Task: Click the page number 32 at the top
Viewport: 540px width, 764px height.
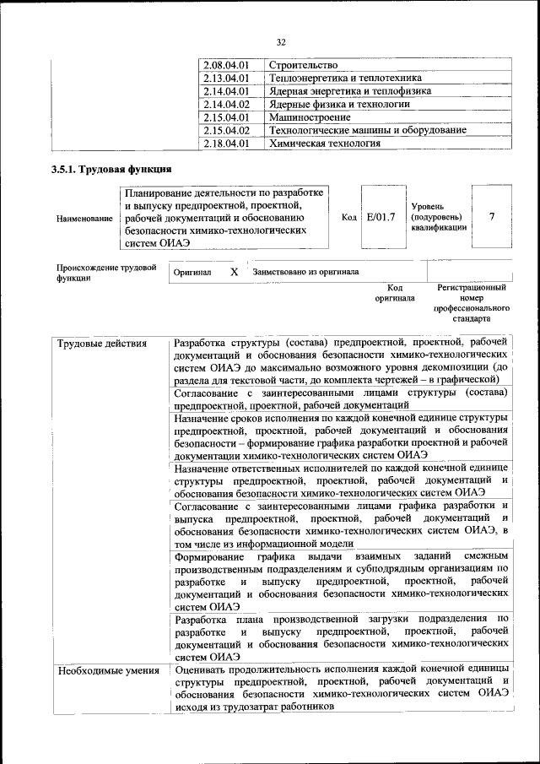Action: [x=282, y=42]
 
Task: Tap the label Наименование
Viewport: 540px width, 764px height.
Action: [x=84, y=219]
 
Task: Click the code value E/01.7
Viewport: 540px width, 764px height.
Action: [x=381, y=218]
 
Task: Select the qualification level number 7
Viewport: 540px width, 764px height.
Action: [x=492, y=217]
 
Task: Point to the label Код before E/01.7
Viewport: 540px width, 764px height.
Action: [x=348, y=218]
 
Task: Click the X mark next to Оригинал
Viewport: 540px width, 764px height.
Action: [x=234, y=273]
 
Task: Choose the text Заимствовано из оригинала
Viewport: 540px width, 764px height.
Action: [x=300, y=273]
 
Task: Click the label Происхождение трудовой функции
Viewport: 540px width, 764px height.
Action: [x=105, y=273]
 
